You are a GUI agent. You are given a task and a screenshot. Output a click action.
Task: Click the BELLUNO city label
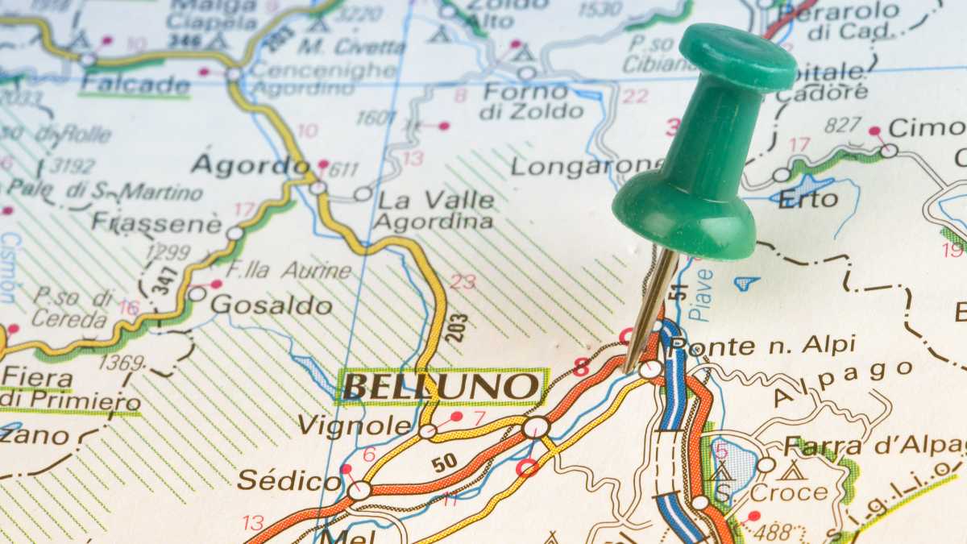pos(441,386)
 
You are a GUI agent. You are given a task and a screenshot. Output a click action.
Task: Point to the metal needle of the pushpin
pos(651,307)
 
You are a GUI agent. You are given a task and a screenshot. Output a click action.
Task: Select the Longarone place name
pos(586,166)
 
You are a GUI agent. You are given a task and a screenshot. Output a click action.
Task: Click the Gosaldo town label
pos(272,305)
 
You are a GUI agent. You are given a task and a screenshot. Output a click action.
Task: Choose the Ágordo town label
pos(250,165)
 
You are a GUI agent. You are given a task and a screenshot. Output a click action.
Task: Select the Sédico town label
pos(288,481)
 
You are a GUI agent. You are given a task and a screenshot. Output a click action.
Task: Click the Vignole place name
pos(355,425)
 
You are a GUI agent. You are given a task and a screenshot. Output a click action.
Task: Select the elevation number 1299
pos(168,251)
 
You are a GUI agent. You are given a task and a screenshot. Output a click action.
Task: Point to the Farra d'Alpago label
pos(874,446)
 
